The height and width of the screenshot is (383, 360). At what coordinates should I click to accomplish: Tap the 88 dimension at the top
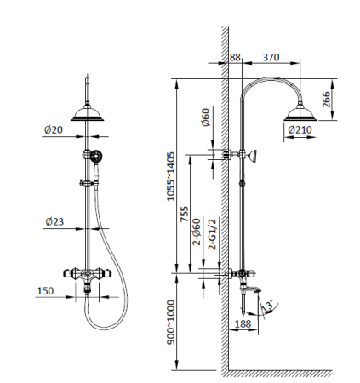pos(236,57)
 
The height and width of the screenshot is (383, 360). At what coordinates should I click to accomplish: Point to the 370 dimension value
pos(271,57)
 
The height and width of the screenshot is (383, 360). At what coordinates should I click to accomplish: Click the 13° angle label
pos(271,303)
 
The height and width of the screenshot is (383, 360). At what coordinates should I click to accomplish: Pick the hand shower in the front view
pos(94,157)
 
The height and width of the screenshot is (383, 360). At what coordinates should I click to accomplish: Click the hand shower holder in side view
pos(248,155)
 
